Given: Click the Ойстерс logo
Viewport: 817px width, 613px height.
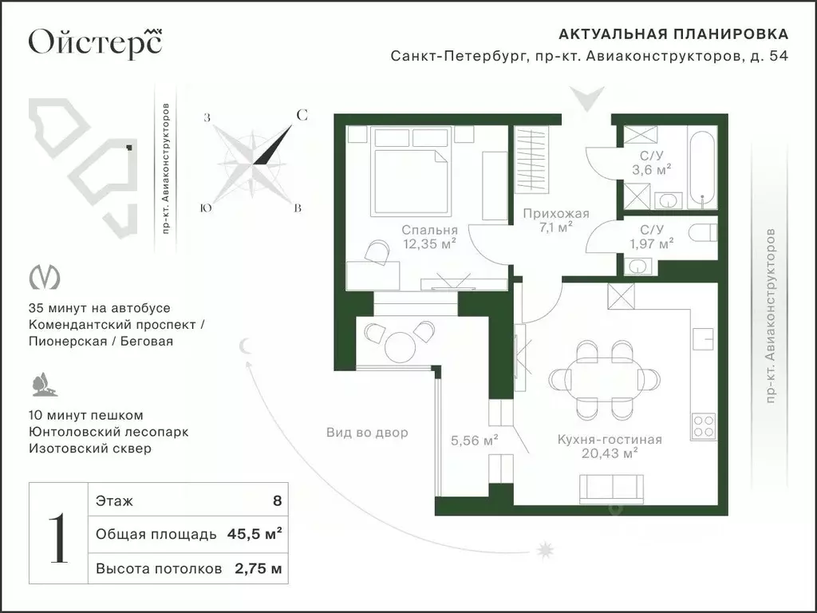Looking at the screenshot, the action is (96, 41).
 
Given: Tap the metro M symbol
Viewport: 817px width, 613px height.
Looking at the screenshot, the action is (45, 277).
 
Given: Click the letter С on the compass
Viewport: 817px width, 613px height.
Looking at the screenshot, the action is (302, 115).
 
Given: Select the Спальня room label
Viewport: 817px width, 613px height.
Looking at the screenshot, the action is (429, 230).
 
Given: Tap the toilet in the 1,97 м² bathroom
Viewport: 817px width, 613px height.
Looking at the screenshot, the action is (704, 232).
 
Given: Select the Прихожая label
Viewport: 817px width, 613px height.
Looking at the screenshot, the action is (556, 213).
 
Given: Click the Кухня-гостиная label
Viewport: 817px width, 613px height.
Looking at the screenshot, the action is (610, 440).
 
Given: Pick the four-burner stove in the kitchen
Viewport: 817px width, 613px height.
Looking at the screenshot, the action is (703, 426).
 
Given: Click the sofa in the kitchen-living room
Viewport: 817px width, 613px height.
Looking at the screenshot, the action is (612, 489).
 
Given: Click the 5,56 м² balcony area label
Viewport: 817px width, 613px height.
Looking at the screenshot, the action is (474, 441).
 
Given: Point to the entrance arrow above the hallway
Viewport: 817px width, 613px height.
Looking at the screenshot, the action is (586, 98).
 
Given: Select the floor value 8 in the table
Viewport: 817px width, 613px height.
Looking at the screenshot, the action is (277, 501).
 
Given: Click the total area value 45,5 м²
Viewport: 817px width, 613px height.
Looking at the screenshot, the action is (255, 534).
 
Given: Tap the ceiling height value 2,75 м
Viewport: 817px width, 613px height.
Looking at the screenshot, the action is (259, 568).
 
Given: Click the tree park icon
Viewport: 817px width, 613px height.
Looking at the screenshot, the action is (43, 385).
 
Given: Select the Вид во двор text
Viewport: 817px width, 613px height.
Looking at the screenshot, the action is (367, 432).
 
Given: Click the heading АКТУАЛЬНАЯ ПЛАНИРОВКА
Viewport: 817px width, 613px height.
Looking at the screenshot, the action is (673, 34).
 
